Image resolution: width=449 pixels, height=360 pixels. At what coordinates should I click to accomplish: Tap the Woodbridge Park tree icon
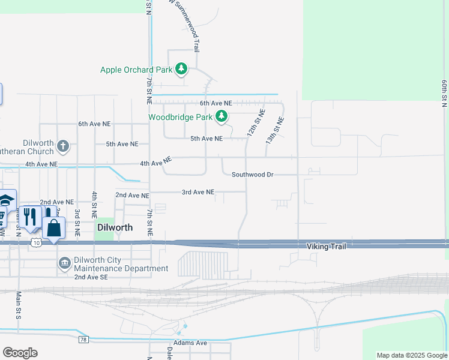(222, 116)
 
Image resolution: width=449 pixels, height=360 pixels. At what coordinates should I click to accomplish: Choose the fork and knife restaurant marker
(29, 217)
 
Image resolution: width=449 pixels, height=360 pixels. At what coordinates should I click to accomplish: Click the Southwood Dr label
(252, 175)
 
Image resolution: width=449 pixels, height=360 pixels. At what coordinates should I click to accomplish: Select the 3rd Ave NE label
(198, 193)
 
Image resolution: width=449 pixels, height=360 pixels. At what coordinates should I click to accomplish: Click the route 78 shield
(83, 340)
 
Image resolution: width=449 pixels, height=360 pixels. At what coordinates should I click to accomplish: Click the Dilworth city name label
(114, 228)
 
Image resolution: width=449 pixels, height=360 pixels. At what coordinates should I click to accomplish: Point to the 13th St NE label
(274, 130)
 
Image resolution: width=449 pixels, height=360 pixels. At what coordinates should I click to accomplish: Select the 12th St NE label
(256, 122)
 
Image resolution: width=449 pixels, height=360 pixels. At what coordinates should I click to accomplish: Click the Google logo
(20, 353)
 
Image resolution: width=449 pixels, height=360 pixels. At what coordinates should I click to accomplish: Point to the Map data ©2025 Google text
(411, 355)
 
